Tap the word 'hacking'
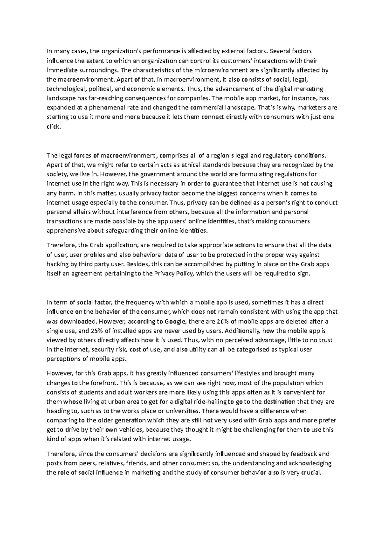(57, 264)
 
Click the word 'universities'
(183, 411)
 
